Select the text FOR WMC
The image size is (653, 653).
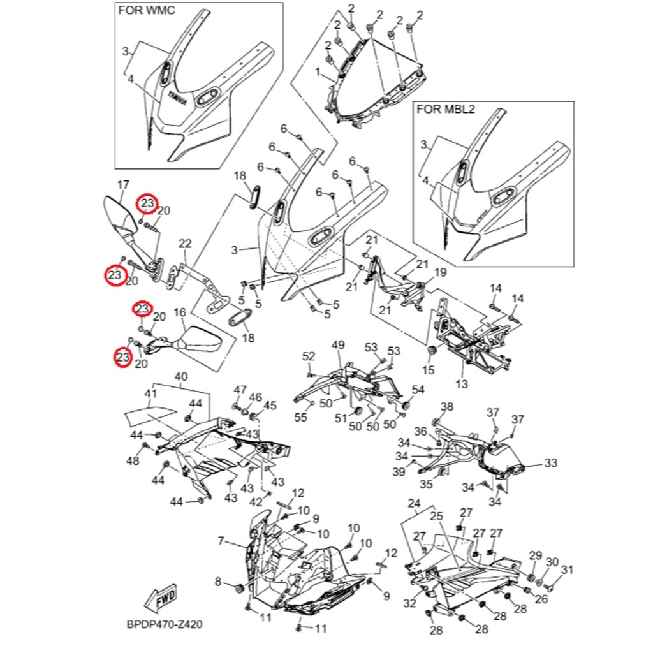[x=145, y=11]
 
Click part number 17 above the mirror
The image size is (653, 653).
[x=123, y=185]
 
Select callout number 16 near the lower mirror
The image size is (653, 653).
[x=180, y=312]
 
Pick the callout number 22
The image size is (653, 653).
[x=185, y=244]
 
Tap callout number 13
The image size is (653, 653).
[x=462, y=384]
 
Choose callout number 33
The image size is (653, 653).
[x=551, y=462]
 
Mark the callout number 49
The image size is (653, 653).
[x=338, y=345]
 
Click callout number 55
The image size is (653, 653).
[x=300, y=418]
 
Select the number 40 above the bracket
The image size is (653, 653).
[x=181, y=376]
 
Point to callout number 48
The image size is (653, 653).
[x=133, y=460]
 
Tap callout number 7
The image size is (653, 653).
[x=221, y=541]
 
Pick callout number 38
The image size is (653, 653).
[x=447, y=407]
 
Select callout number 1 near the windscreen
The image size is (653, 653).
[x=317, y=73]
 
